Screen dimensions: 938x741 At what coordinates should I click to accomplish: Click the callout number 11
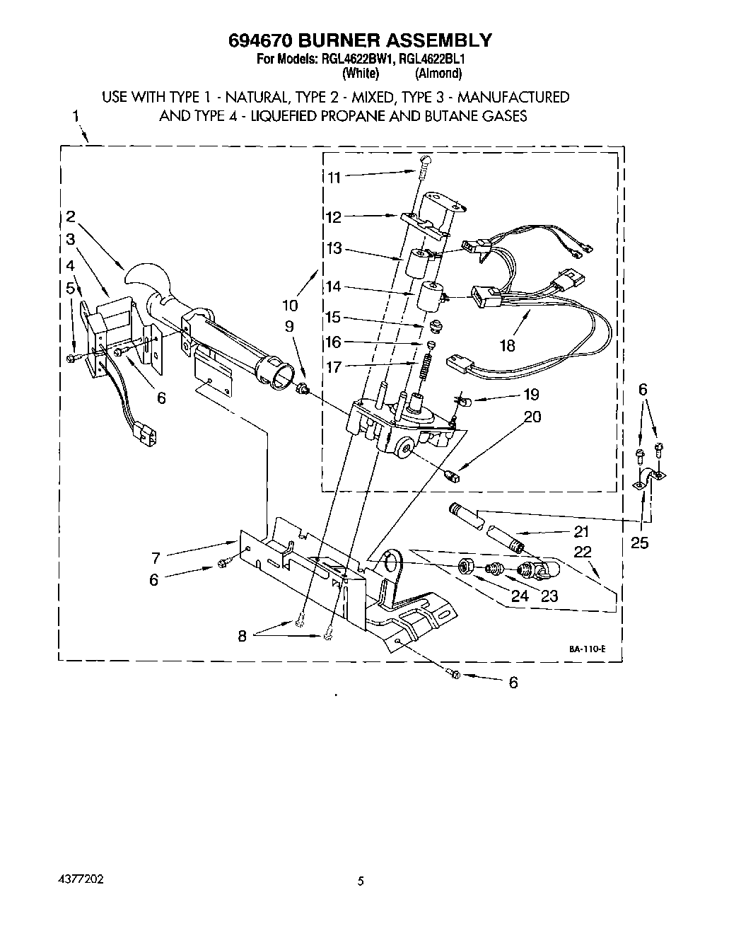coord(333,178)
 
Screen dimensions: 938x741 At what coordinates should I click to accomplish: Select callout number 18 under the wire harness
coord(507,345)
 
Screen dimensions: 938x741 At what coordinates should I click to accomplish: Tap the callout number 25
coord(639,543)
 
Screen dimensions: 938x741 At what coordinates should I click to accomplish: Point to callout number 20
coord(532,417)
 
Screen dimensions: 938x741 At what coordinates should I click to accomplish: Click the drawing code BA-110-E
coord(586,649)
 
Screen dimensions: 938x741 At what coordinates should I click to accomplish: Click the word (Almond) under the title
coord(438,73)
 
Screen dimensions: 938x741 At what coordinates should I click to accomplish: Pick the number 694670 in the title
coord(264,40)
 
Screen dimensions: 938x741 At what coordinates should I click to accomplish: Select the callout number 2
coord(71,217)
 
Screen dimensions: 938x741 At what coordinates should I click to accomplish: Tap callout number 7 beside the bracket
coord(156,557)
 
